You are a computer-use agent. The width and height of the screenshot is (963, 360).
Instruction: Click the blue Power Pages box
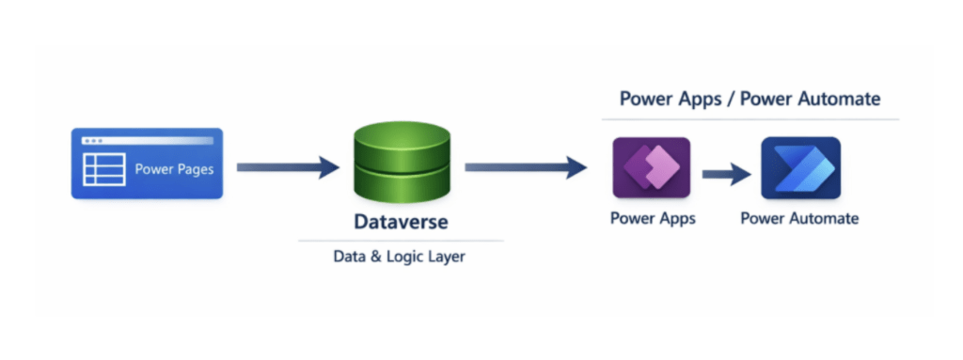pos(147,164)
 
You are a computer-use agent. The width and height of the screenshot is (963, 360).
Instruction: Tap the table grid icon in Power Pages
pos(104,169)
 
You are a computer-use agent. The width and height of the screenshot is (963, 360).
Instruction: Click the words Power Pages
pos(174,169)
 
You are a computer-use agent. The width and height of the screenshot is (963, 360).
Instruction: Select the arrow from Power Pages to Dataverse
pos(288,167)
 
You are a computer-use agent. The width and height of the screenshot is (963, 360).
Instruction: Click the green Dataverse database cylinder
pos(403,162)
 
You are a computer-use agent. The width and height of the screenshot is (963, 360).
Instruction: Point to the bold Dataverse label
pos(401,222)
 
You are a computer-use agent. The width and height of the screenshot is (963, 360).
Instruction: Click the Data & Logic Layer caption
pos(399,257)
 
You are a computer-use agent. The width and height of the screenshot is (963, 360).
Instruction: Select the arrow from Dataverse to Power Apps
pos(526,167)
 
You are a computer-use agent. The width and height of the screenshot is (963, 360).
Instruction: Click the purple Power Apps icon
pos(652,167)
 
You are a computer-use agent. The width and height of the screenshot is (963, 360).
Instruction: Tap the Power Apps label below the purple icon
pos(653,218)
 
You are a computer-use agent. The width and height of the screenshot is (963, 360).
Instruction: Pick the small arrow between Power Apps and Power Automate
pos(727,175)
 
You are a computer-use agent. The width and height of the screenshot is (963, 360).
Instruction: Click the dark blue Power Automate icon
pos(801,167)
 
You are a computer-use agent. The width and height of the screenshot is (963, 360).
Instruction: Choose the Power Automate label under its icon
pos(799,218)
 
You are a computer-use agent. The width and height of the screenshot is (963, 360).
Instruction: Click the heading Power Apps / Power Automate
pos(750,99)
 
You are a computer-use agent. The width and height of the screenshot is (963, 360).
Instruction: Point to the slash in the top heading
pos(730,99)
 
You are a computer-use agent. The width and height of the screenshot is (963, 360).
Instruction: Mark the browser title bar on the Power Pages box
pos(148,141)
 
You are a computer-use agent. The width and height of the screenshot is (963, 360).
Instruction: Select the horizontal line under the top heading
pos(750,119)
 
